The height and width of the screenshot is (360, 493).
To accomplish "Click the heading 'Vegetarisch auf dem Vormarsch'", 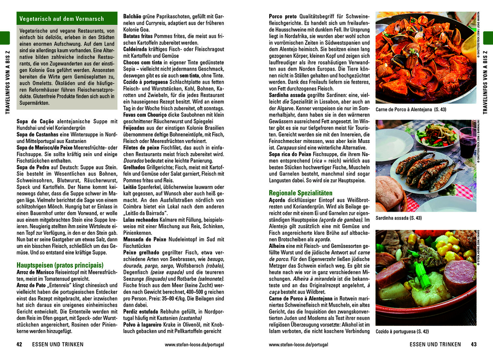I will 61,19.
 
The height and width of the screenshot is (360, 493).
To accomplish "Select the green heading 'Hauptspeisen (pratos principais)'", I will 60,265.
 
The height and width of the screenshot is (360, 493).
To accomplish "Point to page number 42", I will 20,345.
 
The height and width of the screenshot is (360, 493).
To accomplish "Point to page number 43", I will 473,345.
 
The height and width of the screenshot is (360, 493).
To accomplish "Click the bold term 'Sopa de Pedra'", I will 34,167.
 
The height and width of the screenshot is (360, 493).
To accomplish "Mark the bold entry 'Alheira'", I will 278,246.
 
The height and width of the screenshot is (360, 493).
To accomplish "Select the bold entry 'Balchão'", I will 134,16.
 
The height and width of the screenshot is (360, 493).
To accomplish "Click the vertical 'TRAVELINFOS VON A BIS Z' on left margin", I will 6,82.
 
